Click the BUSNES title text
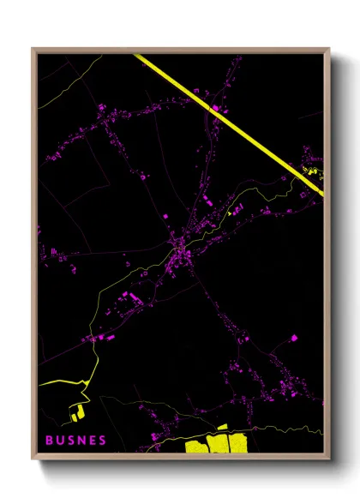pos(76,440)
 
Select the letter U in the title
pos(61,440)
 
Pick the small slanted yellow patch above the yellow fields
pos(222,426)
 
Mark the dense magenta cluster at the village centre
pos(182,253)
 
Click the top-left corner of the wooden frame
pos(33,50)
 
